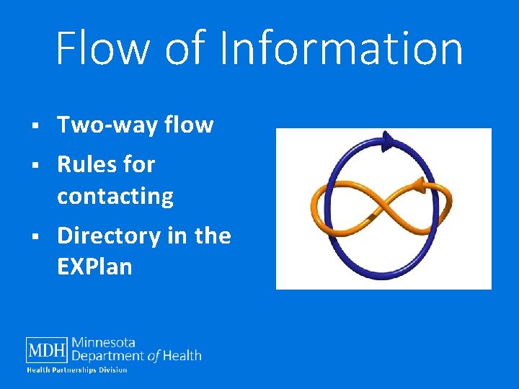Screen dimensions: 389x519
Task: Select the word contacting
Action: (x=115, y=196)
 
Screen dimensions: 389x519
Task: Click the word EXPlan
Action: (x=94, y=267)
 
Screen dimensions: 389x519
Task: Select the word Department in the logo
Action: (x=107, y=355)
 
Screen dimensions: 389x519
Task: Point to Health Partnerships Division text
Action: (x=77, y=370)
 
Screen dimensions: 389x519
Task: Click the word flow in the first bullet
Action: (x=189, y=125)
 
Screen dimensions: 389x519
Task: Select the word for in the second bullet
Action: (x=139, y=164)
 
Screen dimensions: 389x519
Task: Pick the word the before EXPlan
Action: (x=213, y=236)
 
